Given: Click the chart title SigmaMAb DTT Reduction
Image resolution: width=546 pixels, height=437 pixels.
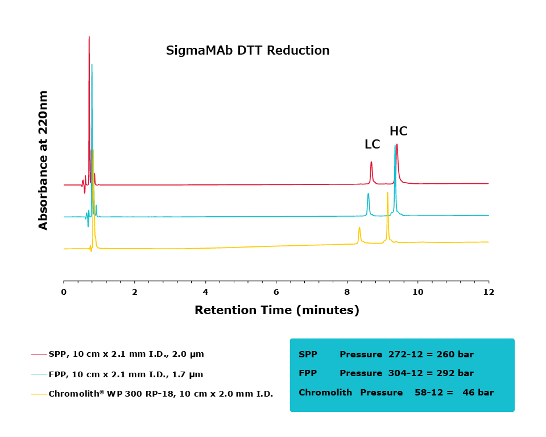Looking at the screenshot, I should coord(247,51).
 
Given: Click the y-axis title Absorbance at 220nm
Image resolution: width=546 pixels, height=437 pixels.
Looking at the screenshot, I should coord(43,160).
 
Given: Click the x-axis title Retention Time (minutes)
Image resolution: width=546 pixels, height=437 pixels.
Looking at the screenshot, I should coord(276,310).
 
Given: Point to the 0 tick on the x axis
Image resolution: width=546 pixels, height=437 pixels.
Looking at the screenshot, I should coord(64,292).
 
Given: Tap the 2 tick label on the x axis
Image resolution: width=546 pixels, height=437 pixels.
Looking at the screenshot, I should coord(135,292).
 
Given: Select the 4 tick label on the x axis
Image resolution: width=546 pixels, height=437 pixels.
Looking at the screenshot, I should coord(205,292).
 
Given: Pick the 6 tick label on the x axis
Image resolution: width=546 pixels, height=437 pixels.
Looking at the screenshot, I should coord(276,292).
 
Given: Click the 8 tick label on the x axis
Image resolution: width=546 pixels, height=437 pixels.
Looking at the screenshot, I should coord(347,292).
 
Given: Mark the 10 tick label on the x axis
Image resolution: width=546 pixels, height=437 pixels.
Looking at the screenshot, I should coord(417,292).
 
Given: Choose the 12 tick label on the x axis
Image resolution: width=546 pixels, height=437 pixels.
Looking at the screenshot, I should coord(488,292).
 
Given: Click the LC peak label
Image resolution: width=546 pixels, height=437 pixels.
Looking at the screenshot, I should coord(372,145).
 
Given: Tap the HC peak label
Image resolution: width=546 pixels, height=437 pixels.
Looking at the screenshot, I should coord(398,131).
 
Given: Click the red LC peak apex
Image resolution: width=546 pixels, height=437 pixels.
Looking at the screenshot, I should coord(371,162).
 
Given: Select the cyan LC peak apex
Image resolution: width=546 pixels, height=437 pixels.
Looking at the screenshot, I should coord(368,194).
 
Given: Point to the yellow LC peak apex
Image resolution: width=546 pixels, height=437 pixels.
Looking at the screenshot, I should coord(359,228).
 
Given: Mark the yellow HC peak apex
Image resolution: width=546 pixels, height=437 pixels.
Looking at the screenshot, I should coord(387,192).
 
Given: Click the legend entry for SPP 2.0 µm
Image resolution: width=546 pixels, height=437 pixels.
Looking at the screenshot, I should coord(126,354).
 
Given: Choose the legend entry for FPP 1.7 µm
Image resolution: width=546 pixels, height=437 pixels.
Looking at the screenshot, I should coord(125,374).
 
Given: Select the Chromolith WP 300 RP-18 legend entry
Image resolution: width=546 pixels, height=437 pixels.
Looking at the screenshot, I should coord(160,394).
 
